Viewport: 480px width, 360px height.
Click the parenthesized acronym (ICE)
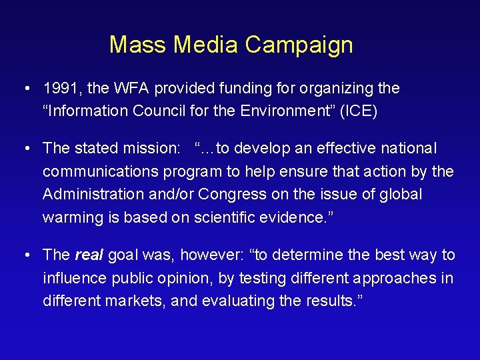[359, 110]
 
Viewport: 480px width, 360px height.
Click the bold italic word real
[89, 255]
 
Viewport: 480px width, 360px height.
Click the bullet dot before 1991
[25, 89]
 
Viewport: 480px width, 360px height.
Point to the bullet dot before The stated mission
[25, 148]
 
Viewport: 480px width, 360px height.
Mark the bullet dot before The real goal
[25, 255]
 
